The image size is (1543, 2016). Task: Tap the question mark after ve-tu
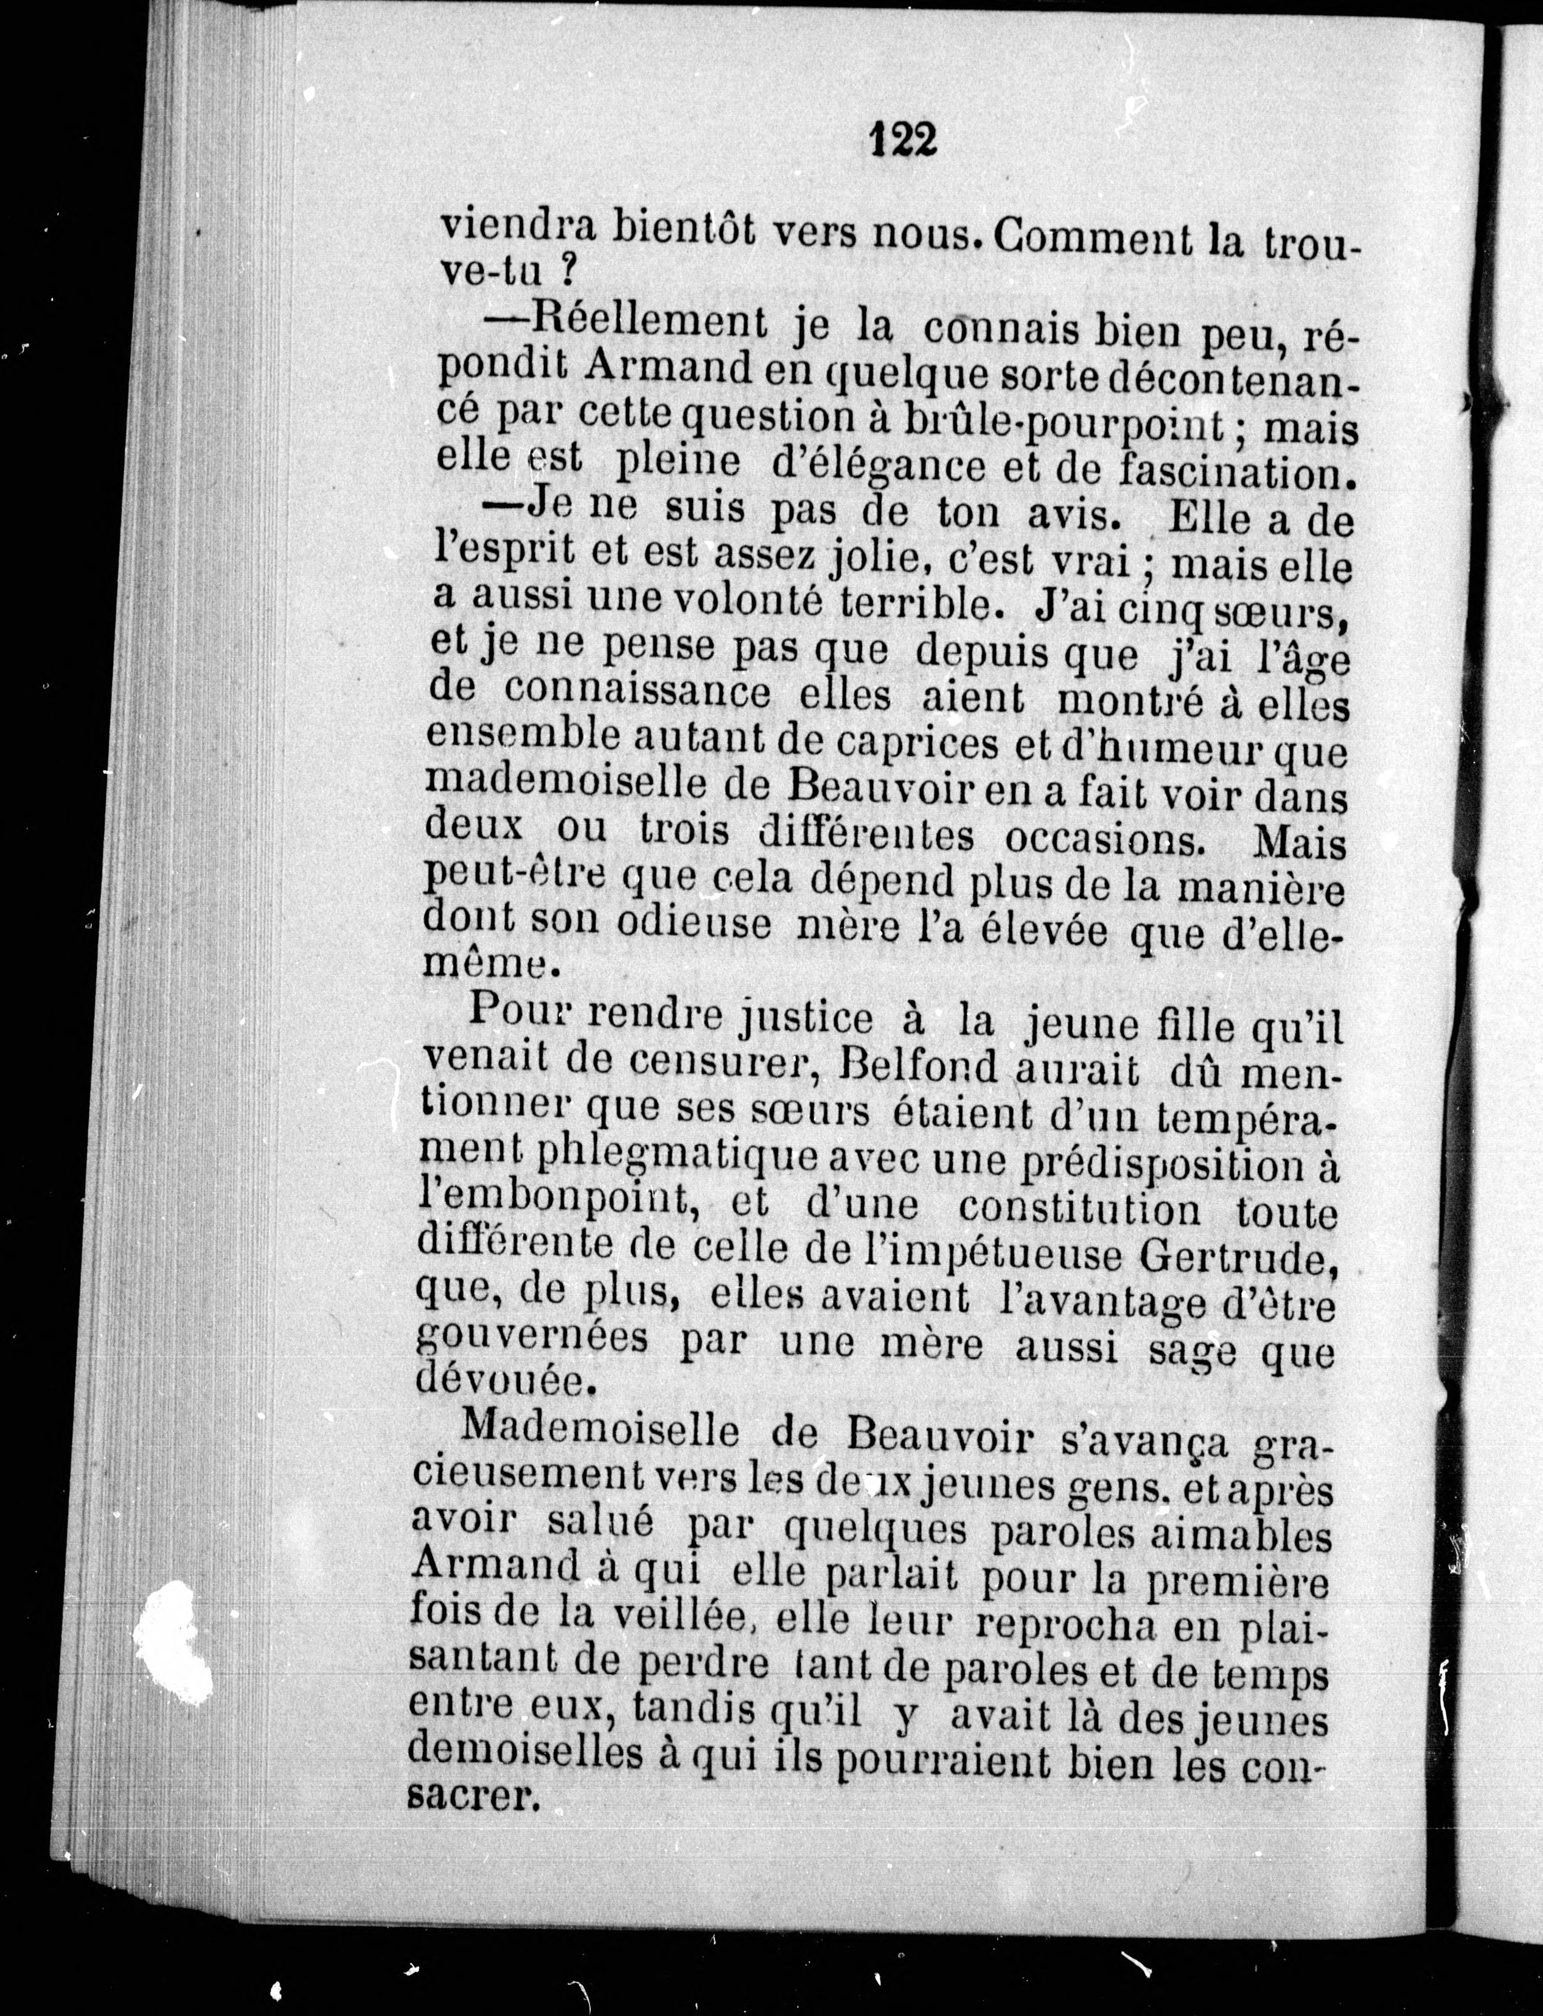click(x=568, y=273)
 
